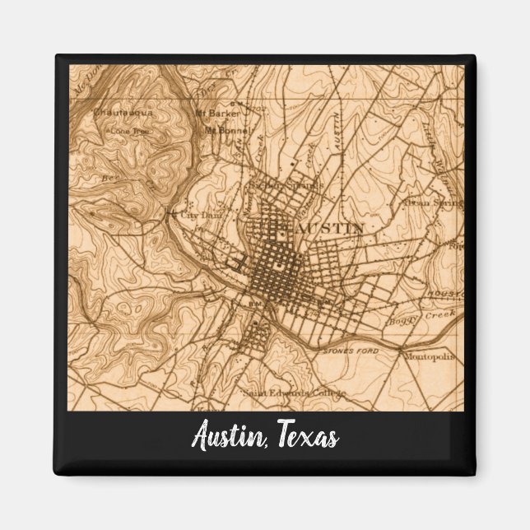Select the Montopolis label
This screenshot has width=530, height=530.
(x=426, y=357)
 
